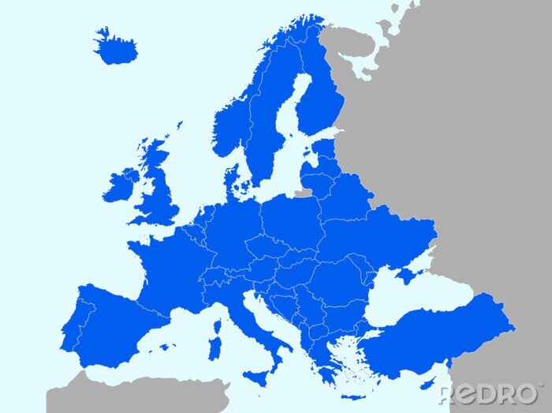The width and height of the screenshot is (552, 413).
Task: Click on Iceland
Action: [x=116, y=48]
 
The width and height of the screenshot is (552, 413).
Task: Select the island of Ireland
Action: [x=119, y=186]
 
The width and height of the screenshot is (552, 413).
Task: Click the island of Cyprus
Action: [x=427, y=384]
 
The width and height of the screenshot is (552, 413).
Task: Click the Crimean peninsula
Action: [x=407, y=275]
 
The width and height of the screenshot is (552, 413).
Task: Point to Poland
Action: [x=290, y=217]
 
